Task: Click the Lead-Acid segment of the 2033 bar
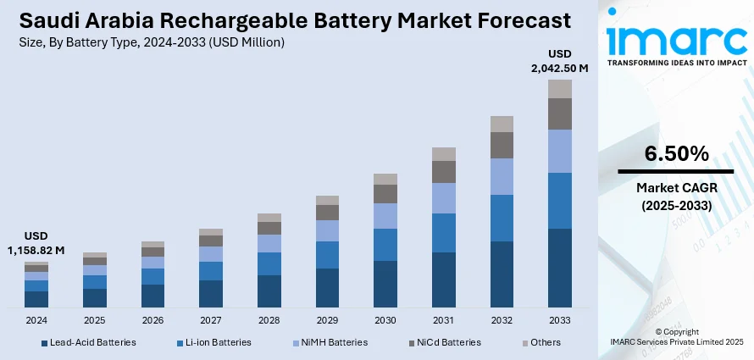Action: tap(560, 268)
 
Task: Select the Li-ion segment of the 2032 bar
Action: tap(502, 218)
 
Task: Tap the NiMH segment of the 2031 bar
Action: tap(444, 197)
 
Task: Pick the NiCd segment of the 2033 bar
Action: tap(560, 114)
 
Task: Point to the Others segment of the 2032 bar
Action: tap(502, 124)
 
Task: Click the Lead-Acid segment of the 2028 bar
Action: tap(269, 291)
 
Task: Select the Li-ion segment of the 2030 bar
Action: tap(385, 245)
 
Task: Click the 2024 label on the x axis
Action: tap(36, 321)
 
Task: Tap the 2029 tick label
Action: tap(327, 321)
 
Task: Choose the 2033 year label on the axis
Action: tap(560, 321)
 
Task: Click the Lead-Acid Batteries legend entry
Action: tap(88, 342)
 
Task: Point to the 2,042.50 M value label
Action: tap(560, 67)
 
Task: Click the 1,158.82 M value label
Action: tap(36, 250)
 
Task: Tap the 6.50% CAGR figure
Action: tap(675, 154)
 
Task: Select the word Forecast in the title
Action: tap(516, 19)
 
